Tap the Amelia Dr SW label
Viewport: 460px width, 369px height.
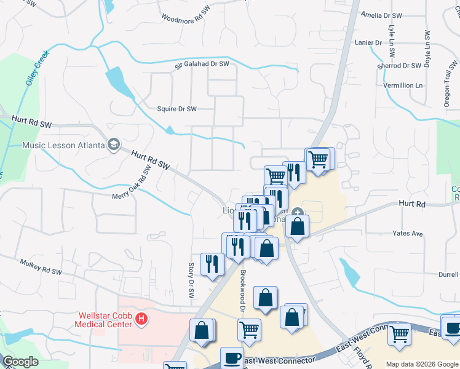coord(381,15)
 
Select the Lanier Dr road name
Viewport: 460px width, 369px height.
coord(369,42)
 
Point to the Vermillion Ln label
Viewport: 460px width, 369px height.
coord(403,85)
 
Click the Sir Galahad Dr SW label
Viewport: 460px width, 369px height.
coord(201,64)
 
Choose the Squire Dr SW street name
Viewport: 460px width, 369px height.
coord(176,109)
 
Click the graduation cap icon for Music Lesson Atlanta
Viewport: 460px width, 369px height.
coord(113,144)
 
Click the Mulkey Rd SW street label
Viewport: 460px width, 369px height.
coord(40,266)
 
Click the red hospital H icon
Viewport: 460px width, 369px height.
coord(142,319)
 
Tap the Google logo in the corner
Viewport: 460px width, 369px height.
coord(20,362)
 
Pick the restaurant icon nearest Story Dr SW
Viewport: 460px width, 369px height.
coord(212,264)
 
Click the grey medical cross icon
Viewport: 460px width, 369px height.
coord(298,213)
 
